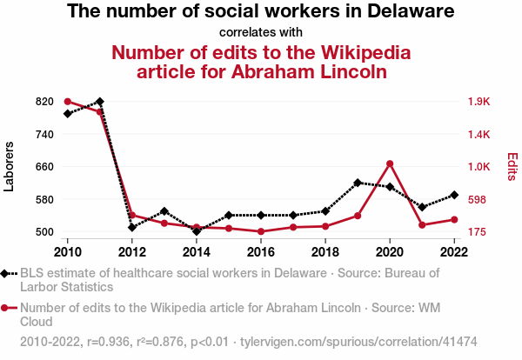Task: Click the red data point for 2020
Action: [x=390, y=163]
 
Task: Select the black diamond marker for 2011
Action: [x=100, y=102]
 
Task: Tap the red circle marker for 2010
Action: [x=68, y=102]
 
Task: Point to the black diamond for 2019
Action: [x=358, y=183]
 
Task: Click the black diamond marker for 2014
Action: [x=197, y=231]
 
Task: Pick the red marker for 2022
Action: [x=454, y=219]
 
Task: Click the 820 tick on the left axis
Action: [x=44, y=102]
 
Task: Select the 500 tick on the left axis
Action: [x=44, y=232]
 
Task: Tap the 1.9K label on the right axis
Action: [x=478, y=102]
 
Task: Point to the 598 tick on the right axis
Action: [x=477, y=199]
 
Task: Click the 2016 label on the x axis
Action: [x=261, y=252]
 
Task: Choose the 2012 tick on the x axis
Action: [x=132, y=252]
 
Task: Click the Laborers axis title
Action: [x=10, y=167]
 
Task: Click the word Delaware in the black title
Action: [x=405, y=12]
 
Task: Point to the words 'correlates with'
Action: [x=261, y=32]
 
